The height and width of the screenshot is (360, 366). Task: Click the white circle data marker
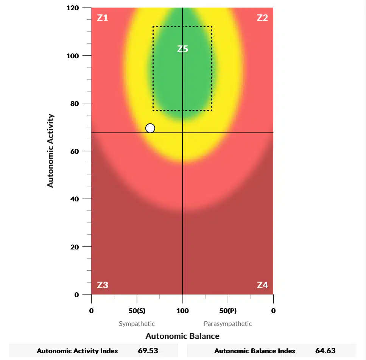[x=150, y=128]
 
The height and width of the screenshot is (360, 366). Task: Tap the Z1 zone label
[x=103, y=18]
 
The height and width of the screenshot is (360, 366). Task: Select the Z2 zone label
[x=262, y=18]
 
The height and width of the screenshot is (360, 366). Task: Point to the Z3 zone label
[x=103, y=285]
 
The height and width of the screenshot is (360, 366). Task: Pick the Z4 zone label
[x=262, y=285]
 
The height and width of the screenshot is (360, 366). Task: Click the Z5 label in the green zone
[x=182, y=49]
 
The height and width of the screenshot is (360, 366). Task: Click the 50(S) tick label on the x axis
[x=137, y=311]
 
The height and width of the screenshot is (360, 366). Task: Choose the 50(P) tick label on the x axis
[x=228, y=311]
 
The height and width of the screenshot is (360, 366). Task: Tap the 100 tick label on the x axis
[x=182, y=311]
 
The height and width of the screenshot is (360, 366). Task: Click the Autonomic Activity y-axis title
[x=51, y=151]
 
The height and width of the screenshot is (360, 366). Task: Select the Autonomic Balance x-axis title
[x=182, y=336]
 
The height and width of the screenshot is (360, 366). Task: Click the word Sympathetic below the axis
[x=137, y=324]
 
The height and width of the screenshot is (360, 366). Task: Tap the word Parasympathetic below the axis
[x=228, y=324]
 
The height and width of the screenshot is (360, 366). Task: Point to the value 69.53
[x=148, y=351]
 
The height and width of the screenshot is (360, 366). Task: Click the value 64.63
[x=326, y=351]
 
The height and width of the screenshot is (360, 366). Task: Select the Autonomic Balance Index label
[x=255, y=351]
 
